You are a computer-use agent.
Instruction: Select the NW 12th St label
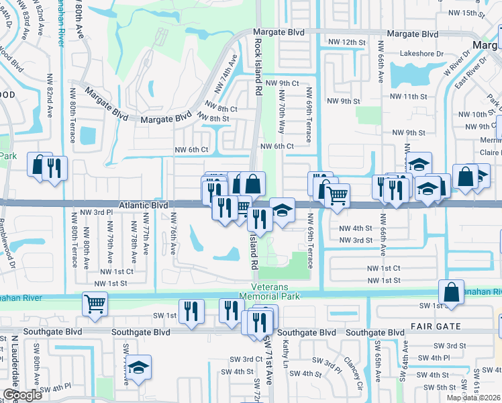(346, 42)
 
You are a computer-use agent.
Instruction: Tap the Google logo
(22, 395)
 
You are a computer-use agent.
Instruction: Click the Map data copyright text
(473, 398)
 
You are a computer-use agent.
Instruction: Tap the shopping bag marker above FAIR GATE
(451, 291)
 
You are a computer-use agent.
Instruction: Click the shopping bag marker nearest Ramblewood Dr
(40, 163)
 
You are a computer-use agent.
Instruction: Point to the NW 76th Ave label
(173, 232)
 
